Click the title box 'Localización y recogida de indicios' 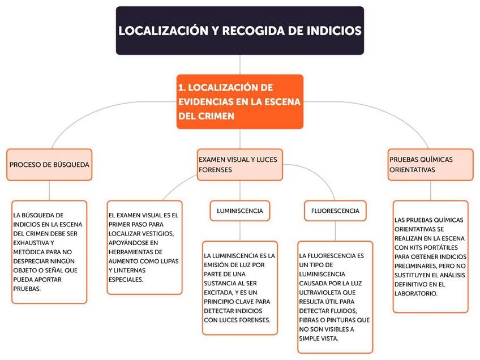[x=240, y=31]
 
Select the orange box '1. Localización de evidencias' [x=240, y=101]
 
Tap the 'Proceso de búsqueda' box [x=49, y=165]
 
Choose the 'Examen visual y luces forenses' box [x=239, y=165]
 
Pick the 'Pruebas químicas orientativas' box [x=430, y=165]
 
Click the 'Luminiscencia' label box [x=239, y=211]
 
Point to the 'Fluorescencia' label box [x=335, y=211]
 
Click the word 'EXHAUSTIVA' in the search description [x=32, y=242]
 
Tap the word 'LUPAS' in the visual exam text [x=167, y=261]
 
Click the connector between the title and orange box [x=240, y=65]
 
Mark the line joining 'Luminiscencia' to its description [x=239, y=230]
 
